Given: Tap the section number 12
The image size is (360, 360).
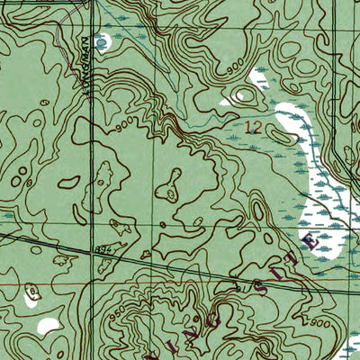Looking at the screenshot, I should point(254,128).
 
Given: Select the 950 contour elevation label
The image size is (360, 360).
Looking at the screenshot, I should point(114,316).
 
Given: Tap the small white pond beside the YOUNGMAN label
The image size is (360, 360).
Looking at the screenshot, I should point(103,40).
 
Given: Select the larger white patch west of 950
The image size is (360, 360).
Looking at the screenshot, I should point(48,325).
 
